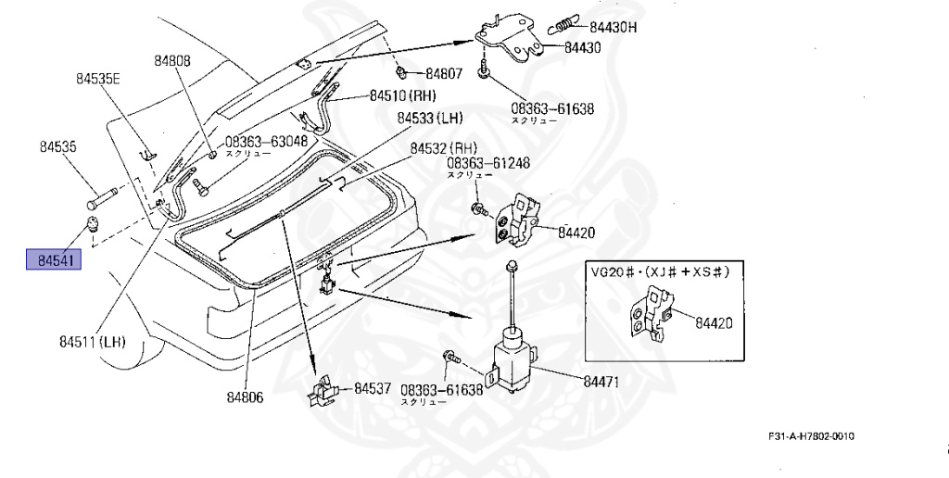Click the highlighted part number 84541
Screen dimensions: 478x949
tap(54, 259)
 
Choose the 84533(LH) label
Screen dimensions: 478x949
tap(430, 119)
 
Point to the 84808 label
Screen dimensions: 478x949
tap(172, 60)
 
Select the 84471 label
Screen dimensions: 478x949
tap(601, 380)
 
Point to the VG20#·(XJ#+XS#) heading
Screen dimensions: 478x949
tap(661, 271)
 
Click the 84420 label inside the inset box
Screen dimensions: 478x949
tap(714, 323)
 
